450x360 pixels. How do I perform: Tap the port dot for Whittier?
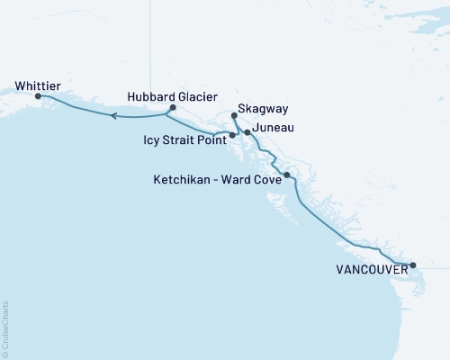(x=38, y=95)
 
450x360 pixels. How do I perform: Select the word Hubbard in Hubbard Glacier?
(x=150, y=95)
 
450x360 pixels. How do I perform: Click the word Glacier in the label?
(x=196, y=95)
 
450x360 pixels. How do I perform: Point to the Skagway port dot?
(x=234, y=115)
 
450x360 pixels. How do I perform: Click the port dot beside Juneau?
(x=247, y=132)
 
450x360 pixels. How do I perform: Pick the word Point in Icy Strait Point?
(x=210, y=140)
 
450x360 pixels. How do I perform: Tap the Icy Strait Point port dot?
(x=233, y=135)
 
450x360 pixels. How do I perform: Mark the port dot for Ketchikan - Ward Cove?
(x=286, y=175)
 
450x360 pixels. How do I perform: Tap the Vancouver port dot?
(x=412, y=265)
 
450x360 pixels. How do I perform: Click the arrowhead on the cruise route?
(x=112, y=115)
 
